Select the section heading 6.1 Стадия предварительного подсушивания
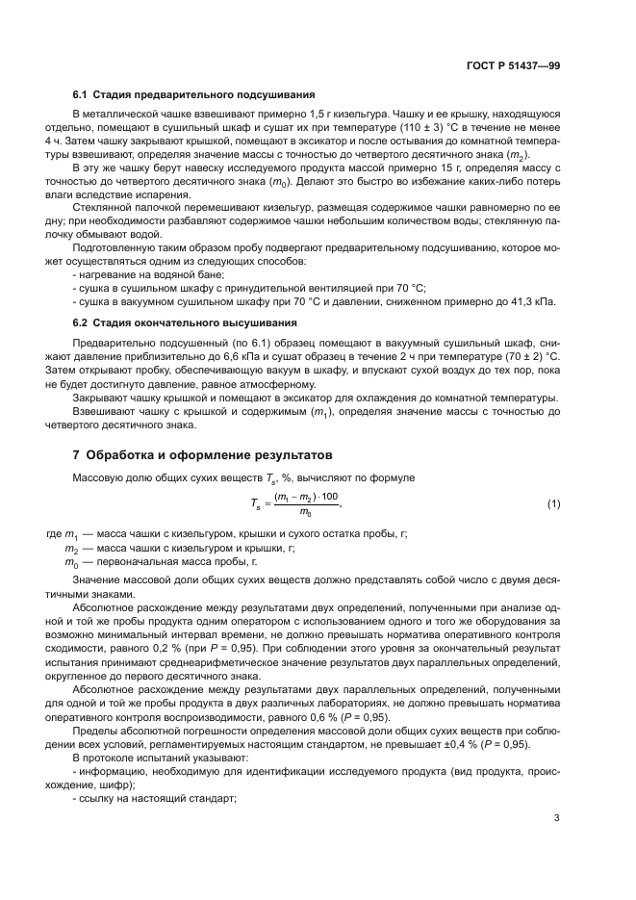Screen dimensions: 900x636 point(194,95)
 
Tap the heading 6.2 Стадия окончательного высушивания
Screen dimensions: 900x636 point(185,322)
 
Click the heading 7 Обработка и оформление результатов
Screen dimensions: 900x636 point(204,454)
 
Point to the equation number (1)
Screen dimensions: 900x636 point(553,502)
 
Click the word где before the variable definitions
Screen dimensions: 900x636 point(54,533)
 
